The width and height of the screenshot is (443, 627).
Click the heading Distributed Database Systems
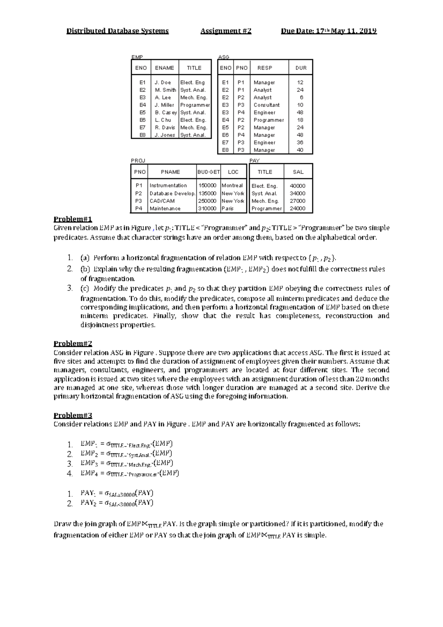click(x=117, y=31)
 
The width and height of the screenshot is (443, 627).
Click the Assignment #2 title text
click(x=226, y=31)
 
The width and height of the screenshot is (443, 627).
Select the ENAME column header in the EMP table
click(x=164, y=68)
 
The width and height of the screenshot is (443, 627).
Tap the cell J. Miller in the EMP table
click(x=164, y=105)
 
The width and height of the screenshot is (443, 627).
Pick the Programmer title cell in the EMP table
click(x=195, y=105)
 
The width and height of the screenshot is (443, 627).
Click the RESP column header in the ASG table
click(x=265, y=68)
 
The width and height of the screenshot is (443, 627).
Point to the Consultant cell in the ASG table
click(x=267, y=105)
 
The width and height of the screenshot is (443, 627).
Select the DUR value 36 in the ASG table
click(x=300, y=143)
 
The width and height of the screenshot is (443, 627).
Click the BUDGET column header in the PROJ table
click(x=209, y=172)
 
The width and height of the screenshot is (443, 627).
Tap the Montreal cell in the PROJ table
click(x=232, y=186)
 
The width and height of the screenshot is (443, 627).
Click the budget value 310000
click(x=207, y=209)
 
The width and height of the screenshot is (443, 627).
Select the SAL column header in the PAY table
click(x=298, y=172)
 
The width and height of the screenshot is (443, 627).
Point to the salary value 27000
click(x=297, y=201)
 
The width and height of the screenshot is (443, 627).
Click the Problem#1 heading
click(x=73, y=219)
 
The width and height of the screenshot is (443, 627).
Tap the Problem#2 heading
click(x=73, y=343)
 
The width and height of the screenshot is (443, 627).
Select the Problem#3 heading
click(x=73, y=415)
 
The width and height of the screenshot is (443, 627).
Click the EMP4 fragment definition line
click(x=129, y=473)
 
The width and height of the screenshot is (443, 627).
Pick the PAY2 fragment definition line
click(x=117, y=503)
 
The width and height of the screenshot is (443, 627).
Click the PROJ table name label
click(x=138, y=161)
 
